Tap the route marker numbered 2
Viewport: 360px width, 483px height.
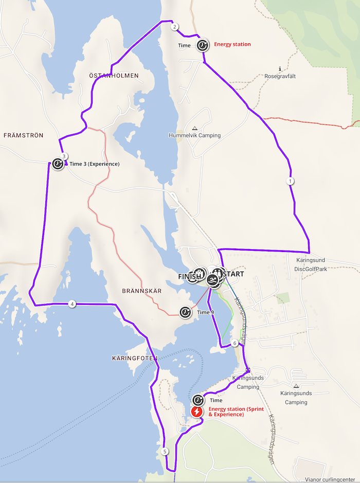(x=175, y=27)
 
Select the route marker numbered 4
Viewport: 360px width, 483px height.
(x=72, y=304)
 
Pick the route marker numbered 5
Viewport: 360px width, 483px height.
(x=165, y=452)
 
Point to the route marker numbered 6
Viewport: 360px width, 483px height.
(x=235, y=343)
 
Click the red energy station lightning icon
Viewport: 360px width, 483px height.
(x=197, y=412)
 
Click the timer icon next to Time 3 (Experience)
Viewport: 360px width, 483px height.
(x=58, y=164)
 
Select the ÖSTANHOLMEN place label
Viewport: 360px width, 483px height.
(x=114, y=76)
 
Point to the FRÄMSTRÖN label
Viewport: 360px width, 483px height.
(x=23, y=135)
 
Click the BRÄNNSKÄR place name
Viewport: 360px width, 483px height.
(x=142, y=291)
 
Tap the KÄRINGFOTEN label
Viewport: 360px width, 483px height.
(x=134, y=357)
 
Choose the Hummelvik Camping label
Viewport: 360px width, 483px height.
(x=194, y=136)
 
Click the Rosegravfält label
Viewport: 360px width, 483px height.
(x=280, y=76)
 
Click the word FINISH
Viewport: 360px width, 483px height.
(x=189, y=277)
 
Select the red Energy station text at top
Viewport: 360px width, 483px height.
(x=232, y=45)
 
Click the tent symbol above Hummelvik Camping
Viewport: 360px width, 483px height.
(x=194, y=128)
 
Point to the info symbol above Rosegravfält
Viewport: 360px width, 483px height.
(x=280, y=68)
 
